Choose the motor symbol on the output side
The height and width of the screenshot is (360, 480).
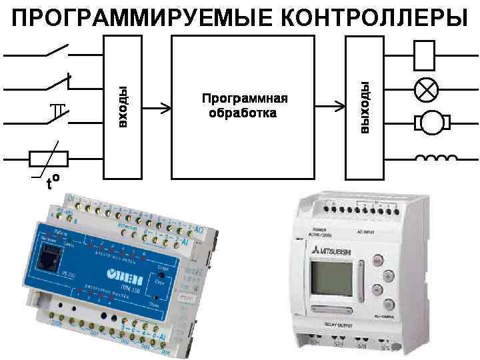[433, 122]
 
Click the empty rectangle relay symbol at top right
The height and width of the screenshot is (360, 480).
[425, 55]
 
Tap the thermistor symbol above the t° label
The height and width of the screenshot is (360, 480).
[49, 159]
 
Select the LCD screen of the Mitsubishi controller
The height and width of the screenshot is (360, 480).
[330, 277]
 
